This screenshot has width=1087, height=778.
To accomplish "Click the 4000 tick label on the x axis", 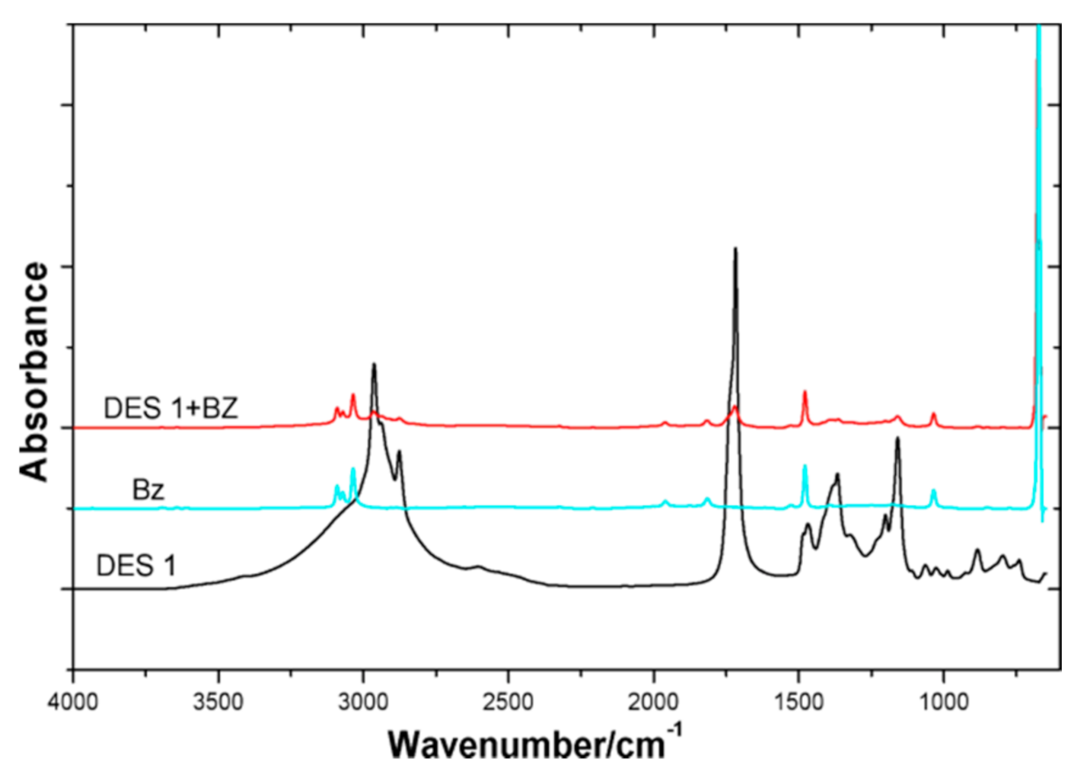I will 73,701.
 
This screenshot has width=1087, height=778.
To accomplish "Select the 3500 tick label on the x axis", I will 218,701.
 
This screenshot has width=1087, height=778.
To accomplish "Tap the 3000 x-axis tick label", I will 363,701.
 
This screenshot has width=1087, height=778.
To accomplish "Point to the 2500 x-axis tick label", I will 508,701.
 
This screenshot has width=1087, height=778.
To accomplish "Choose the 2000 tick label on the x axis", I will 653,701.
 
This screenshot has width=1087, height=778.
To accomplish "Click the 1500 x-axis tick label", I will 799,701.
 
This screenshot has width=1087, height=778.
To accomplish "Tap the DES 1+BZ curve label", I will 171,409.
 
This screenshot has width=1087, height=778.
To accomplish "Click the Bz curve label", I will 148,489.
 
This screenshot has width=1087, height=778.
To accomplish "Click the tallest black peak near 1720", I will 735,249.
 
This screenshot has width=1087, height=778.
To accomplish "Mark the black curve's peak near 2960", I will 374,365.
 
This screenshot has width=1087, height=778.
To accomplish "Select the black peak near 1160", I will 898,438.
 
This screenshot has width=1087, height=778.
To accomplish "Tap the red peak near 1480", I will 805,392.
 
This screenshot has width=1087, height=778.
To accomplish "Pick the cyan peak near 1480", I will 805,466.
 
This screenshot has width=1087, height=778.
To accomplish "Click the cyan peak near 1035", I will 934,491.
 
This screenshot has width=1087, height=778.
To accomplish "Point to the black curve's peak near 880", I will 977,549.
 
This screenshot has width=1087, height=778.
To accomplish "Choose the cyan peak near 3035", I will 352,469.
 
